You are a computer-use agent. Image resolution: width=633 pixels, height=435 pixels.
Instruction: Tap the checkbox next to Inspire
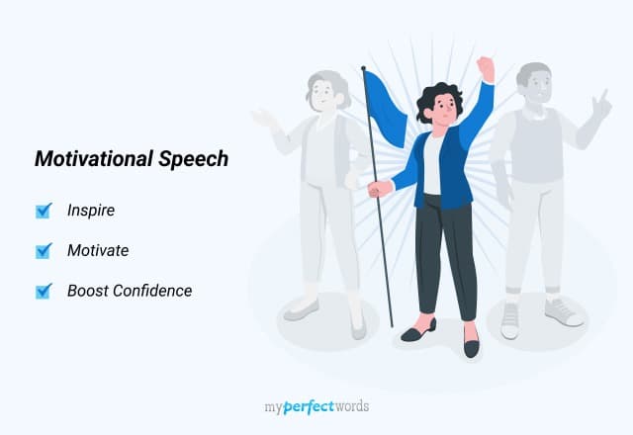tap(43, 211)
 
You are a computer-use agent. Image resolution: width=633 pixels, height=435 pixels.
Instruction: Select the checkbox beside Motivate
tap(43, 251)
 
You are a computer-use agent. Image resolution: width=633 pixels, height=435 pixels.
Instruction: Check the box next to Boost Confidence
tap(43, 291)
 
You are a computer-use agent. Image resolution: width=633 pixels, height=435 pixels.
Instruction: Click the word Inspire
tap(91, 211)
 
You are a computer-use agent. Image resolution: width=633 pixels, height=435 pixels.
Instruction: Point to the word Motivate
tap(97, 251)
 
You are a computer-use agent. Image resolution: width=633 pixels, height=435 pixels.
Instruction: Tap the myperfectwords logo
tap(316, 405)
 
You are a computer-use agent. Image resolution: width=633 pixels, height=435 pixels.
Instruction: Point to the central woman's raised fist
tap(485, 67)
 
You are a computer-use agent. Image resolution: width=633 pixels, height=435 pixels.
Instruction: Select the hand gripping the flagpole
tap(374, 188)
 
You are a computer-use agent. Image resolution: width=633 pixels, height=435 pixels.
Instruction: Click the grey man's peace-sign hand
tap(600, 103)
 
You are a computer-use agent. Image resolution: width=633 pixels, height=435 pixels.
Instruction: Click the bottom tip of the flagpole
tap(392, 324)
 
